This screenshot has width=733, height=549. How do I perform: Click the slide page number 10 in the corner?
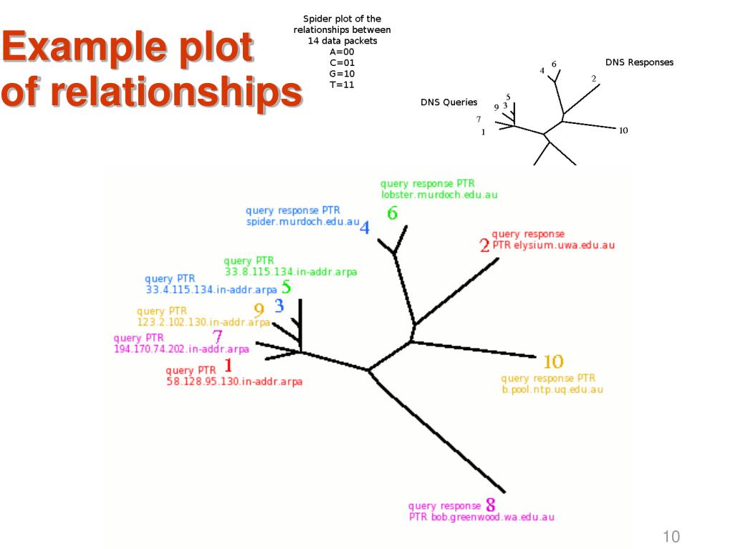point(671,537)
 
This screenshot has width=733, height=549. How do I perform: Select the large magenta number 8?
point(491,504)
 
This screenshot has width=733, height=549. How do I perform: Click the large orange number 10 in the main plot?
point(553,362)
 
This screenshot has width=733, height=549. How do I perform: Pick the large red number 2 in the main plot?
point(485,246)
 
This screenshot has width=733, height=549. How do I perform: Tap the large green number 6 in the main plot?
point(392,213)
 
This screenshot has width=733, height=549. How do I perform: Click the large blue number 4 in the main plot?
point(365,228)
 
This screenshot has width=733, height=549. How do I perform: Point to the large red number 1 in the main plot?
point(229,366)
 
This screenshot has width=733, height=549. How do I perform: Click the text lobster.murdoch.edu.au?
point(439,194)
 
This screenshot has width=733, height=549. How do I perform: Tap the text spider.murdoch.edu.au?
point(302,222)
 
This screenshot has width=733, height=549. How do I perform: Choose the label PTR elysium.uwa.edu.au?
point(553,245)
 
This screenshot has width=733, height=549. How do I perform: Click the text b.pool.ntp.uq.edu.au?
point(552,390)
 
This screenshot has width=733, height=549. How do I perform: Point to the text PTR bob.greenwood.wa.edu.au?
point(482,517)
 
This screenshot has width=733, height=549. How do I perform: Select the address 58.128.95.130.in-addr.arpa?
point(234,382)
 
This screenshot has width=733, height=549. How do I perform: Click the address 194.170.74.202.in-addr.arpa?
point(181,349)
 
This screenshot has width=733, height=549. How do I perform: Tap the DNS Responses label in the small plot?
point(639,62)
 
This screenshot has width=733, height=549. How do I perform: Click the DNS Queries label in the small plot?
point(449,102)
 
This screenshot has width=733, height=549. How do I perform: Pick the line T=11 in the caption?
point(342,84)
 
